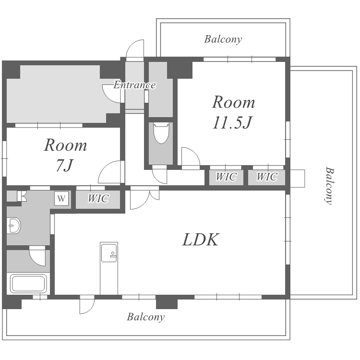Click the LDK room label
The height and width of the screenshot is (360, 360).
click(201, 240)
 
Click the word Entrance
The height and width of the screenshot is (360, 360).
click(134, 85)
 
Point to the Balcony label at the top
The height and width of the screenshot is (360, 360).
click(223, 39)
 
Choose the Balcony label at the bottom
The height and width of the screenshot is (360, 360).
click(146, 317)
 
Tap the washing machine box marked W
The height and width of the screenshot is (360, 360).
click(61, 198)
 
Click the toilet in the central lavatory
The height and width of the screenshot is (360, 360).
click(160, 133)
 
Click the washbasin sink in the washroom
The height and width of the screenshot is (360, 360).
click(14, 225)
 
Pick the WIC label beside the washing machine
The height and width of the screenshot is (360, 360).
click(98, 198)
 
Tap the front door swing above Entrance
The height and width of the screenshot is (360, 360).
click(135, 49)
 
